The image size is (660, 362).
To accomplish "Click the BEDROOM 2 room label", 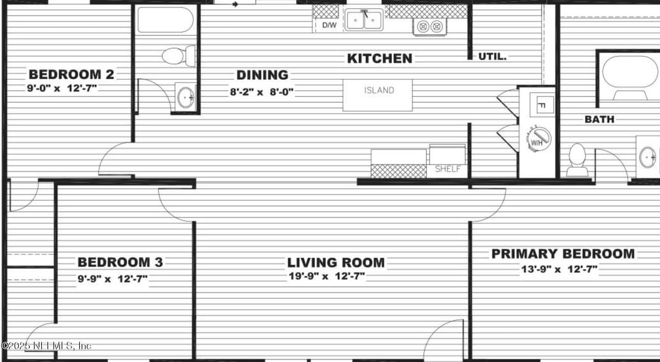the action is click(71, 74).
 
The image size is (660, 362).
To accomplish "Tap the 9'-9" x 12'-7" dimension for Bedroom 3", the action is click(113, 278).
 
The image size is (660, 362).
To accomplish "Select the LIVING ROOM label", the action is click(336, 262).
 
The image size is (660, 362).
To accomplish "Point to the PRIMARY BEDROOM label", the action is click(563, 254).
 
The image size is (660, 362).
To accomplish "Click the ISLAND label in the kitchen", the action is click(379, 90).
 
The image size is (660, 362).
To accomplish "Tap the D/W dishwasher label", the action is click(329, 25).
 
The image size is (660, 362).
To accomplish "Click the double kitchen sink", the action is click(364, 19).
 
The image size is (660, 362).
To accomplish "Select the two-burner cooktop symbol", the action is click(430, 27).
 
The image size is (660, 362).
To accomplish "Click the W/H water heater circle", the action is click(538, 139).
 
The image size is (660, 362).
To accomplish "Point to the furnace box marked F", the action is click(542, 105).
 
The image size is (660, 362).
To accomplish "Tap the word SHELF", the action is click(448, 169).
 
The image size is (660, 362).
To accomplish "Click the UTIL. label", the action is click(492, 57).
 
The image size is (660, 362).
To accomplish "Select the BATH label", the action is click(599, 119).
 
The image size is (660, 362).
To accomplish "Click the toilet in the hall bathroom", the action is click(179, 56).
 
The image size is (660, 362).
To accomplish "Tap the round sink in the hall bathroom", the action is click(186, 97).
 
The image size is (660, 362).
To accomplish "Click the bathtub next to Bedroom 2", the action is click(166, 19).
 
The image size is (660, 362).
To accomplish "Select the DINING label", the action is click(262, 75).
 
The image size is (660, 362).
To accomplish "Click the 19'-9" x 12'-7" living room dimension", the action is click(327, 276).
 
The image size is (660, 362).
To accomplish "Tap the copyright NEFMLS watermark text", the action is click(47, 346).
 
